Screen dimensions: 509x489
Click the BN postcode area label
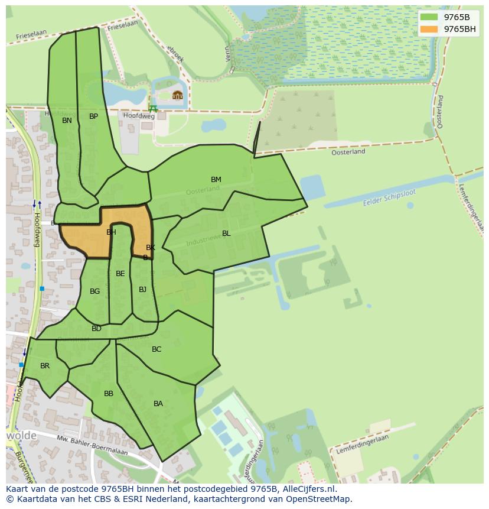point(67,121)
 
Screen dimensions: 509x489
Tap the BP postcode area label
point(93,116)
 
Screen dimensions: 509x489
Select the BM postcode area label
point(216,180)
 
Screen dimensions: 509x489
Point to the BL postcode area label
point(226,234)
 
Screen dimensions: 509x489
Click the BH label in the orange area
point(111,232)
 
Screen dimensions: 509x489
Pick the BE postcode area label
point(120,274)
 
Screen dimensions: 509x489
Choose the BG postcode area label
point(94,291)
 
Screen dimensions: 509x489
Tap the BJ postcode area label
point(142,290)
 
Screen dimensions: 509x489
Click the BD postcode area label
point(96,329)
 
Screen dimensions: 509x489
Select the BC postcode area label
point(157,349)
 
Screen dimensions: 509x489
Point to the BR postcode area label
point(45,366)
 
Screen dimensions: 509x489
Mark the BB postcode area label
point(109,394)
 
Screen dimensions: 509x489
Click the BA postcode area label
point(158,404)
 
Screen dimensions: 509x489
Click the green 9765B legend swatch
point(429,17)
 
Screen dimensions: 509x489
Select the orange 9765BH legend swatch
point(429,29)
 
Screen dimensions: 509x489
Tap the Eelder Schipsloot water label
point(390,199)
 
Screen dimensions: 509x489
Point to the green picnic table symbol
point(154,108)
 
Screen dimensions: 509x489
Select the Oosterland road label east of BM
point(348,152)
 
